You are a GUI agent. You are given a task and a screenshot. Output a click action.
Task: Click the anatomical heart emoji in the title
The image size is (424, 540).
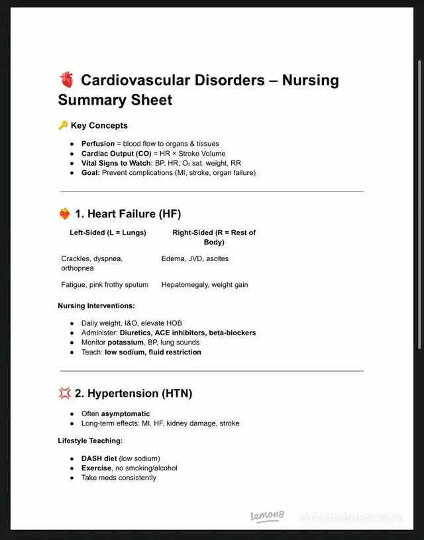[x=66, y=81]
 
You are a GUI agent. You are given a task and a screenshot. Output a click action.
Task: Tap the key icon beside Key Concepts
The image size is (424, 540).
[x=63, y=125]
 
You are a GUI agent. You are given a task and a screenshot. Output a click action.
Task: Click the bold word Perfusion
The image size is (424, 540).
[x=98, y=144]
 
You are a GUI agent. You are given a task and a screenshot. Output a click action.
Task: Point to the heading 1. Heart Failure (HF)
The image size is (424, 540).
[x=128, y=214]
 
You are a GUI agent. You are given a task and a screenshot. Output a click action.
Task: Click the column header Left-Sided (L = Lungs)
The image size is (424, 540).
[x=108, y=233]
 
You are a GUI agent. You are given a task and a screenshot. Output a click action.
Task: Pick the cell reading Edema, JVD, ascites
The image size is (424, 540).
[x=195, y=258]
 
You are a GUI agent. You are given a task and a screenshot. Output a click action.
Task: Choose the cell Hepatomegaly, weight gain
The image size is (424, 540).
[x=205, y=285]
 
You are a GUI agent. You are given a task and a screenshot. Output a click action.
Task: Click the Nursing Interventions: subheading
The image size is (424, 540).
[x=97, y=306]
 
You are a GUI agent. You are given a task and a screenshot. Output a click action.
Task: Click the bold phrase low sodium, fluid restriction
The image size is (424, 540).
[x=153, y=352]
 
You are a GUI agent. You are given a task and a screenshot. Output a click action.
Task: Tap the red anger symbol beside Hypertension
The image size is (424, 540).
[x=65, y=394]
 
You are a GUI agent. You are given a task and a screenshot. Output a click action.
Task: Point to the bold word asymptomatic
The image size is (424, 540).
[x=125, y=414]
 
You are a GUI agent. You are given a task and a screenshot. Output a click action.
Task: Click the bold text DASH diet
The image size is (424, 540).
[x=99, y=459]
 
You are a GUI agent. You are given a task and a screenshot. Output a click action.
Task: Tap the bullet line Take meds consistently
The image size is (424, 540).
[x=119, y=478]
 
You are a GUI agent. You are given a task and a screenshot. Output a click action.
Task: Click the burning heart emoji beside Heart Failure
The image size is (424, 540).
[x=65, y=214]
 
